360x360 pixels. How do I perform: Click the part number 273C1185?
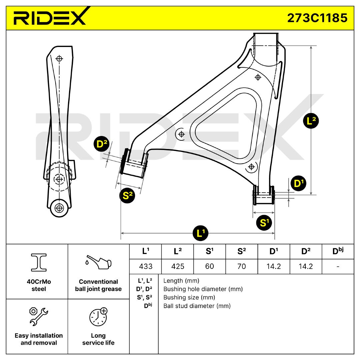click(x=317, y=18)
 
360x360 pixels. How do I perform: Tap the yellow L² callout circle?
click(x=311, y=121)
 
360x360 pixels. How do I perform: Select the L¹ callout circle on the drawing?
click(x=200, y=233)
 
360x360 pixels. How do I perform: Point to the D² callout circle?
click(x=102, y=144)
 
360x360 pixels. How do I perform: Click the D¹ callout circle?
click(x=298, y=183)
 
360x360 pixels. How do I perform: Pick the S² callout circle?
click(x=127, y=195)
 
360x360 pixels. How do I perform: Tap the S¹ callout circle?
click(x=264, y=222)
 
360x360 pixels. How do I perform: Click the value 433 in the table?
click(x=146, y=266)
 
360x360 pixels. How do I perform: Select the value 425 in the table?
click(x=178, y=266)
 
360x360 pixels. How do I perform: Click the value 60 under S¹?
click(x=209, y=266)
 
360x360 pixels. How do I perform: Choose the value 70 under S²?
click(x=242, y=266)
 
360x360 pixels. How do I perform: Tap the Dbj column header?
click(x=338, y=251)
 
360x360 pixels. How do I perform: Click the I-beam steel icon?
click(x=39, y=263)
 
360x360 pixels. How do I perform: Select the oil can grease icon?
click(x=98, y=262)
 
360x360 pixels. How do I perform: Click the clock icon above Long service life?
click(x=98, y=317)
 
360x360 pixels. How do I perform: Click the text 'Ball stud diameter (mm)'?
click(x=197, y=306)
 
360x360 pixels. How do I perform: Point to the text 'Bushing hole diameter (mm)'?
click(x=203, y=289)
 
